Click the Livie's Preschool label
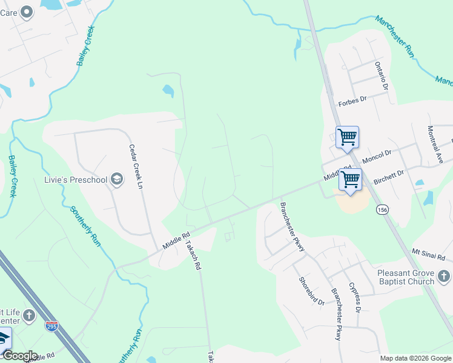76,179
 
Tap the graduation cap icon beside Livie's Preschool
116,178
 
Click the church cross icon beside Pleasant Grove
445,276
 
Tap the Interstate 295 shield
51,326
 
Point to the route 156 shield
382,209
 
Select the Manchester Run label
394,36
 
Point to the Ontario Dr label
380,75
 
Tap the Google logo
19,356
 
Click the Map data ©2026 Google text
415,358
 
